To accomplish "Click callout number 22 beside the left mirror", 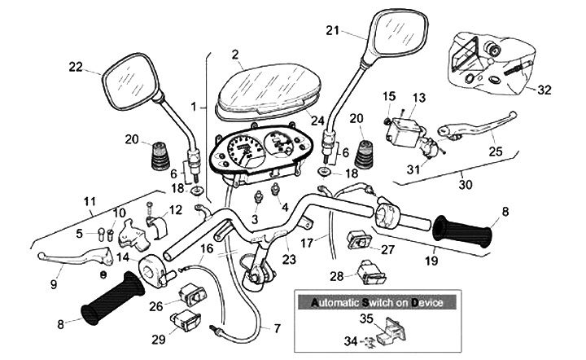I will point(76,66).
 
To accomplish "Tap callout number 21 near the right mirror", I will point(331,31).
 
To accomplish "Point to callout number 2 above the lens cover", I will point(234,55).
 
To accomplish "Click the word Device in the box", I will point(426,302).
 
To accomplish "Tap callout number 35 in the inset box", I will point(366,318).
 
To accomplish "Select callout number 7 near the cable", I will point(276,328).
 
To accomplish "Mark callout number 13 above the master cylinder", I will point(418,98).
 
